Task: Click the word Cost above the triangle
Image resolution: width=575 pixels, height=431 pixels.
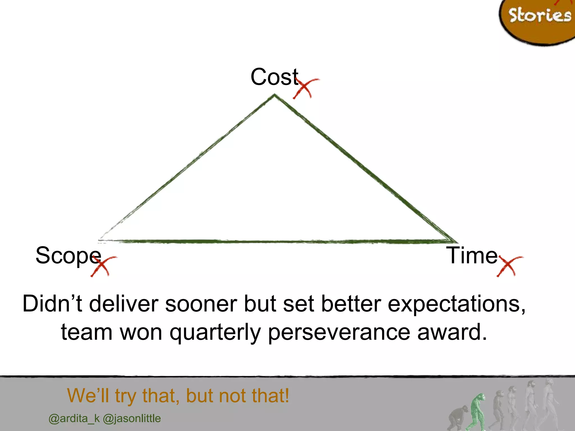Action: [274, 77]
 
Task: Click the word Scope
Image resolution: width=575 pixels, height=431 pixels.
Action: [68, 256]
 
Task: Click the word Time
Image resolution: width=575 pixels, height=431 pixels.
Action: [472, 255]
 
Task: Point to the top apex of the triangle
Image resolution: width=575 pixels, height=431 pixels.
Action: [275, 95]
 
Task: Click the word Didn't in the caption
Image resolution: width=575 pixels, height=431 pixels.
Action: [53, 304]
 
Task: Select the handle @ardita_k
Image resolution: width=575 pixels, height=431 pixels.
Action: [74, 419]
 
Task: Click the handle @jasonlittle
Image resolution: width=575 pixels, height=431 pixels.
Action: [132, 419]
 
